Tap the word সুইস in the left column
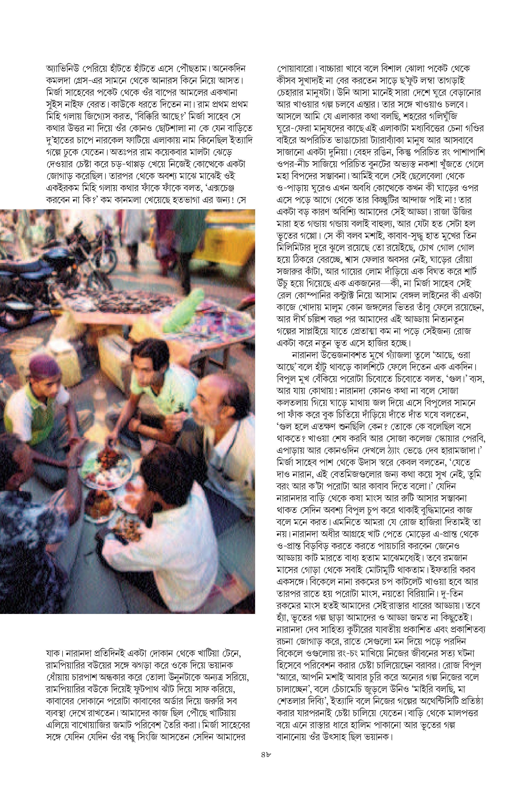[55, 104]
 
